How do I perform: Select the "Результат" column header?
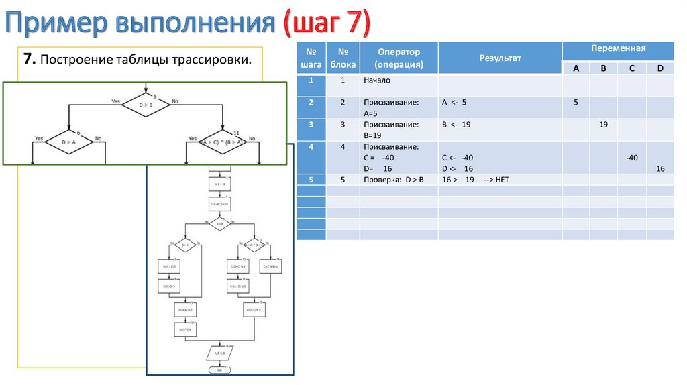[499, 58]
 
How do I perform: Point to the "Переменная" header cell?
[618, 50]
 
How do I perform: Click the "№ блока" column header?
[342, 58]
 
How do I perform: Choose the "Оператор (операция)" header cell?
[399, 58]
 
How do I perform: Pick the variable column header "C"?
[632, 68]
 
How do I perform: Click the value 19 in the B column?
[603, 125]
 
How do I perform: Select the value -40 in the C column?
[631, 158]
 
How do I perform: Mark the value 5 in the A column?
[576, 102]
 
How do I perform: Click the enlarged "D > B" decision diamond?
[146, 105]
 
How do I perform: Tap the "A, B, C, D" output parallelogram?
[219, 352]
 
